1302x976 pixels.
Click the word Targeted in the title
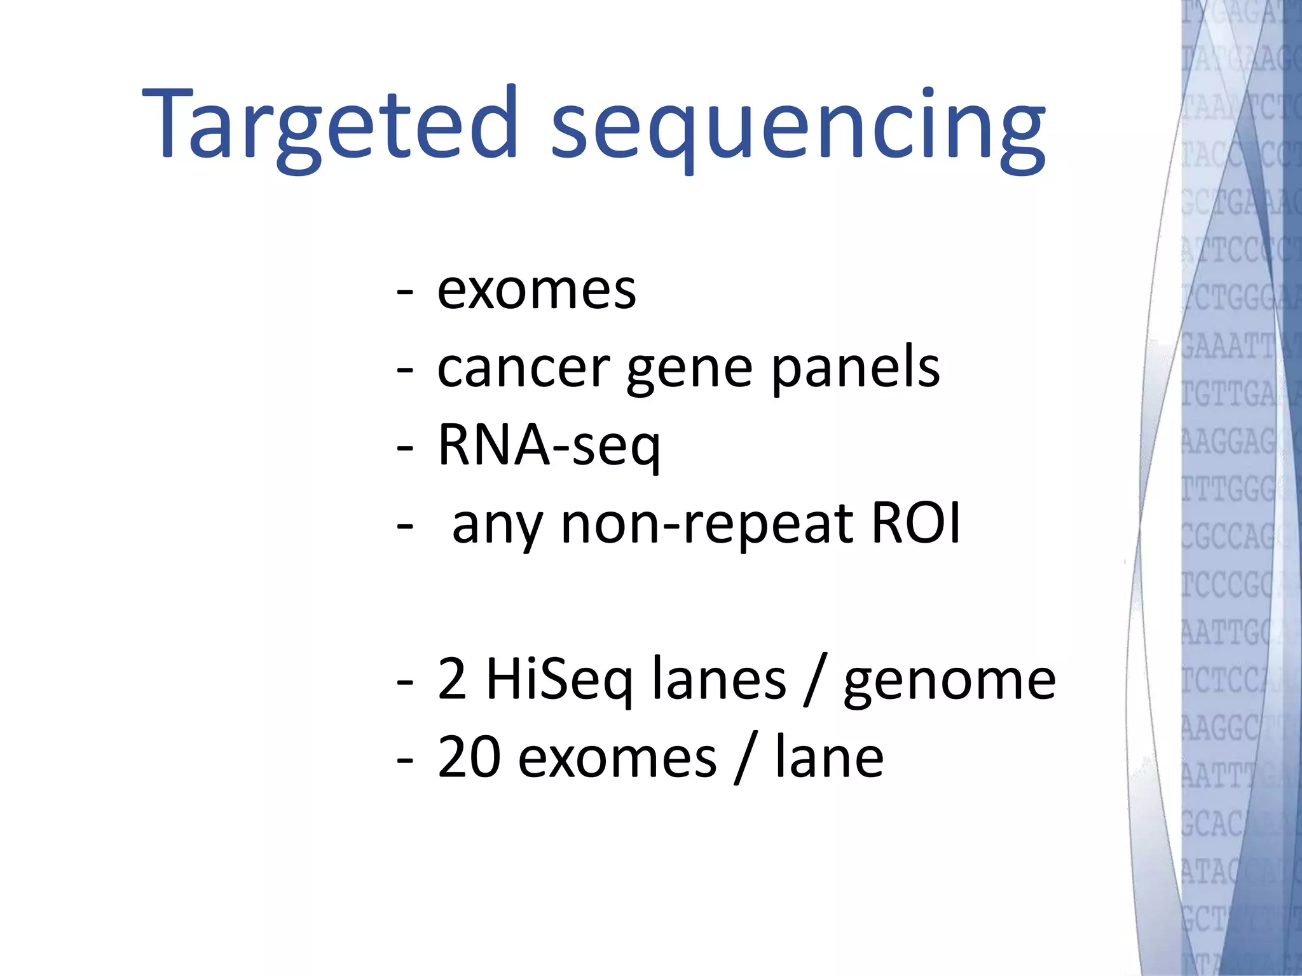[331, 124]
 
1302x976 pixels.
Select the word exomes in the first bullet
[537, 291]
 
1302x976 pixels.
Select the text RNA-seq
[549, 447]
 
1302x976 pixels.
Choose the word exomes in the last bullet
[617, 759]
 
